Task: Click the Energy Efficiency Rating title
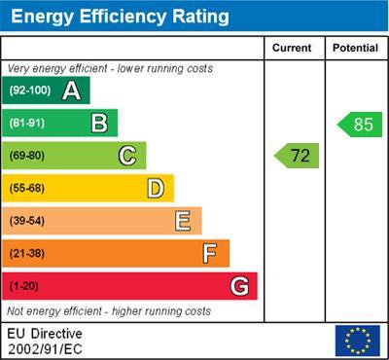coord(120,17)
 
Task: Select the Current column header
coord(292,48)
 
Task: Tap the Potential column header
coord(355,48)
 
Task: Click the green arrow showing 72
coord(298,155)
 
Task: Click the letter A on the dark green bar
coord(71,90)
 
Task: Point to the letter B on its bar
coord(99,123)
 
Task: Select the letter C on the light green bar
coord(127,156)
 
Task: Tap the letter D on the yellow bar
coord(156,188)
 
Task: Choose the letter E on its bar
coord(183,221)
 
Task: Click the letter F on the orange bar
coord(210,253)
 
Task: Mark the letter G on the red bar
coord(239,286)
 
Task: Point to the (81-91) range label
coord(27,124)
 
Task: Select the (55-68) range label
coord(27,189)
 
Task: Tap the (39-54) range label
coord(27,221)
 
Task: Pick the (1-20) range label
coord(23,286)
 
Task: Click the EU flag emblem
coord(357,340)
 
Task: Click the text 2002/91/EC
coord(45,347)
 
